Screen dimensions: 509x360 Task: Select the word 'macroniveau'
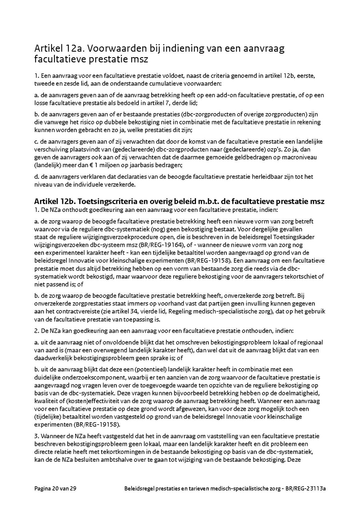(300, 157)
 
